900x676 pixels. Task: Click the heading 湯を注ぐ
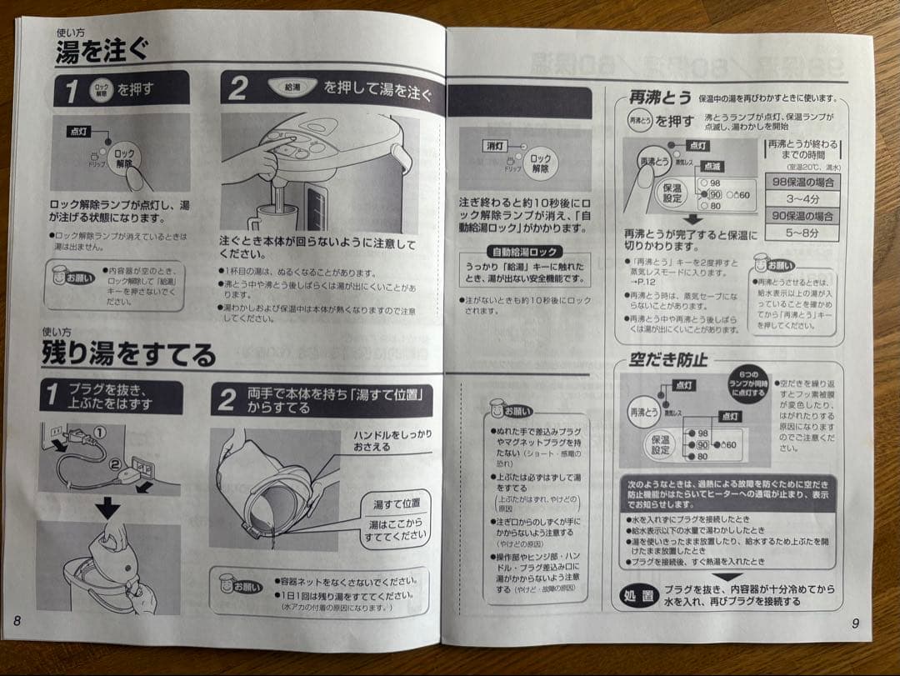(102, 51)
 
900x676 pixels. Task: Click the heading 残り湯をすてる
(128, 353)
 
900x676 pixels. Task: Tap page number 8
(17, 621)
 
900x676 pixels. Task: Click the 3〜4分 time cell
(802, 199)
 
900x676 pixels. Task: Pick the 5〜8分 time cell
(802, 233)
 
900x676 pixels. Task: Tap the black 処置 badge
(641, 594)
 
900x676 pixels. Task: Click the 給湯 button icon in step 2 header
(292, 86)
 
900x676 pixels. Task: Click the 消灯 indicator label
(495, 146)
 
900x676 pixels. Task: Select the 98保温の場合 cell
(802, 182)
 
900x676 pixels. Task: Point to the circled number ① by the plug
(99, 432)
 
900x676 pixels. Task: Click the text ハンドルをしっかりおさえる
(392, 440)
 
